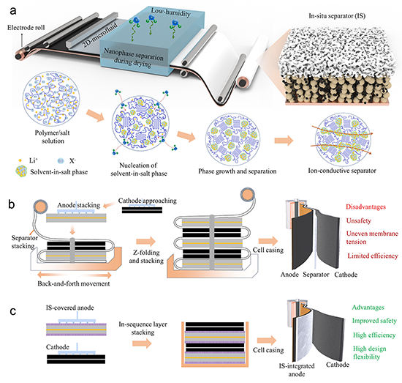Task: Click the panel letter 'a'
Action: click(x=13, y=12)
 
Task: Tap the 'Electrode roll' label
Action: click(x=26, y=28)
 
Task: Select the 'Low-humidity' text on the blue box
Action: click(x=171, y=12)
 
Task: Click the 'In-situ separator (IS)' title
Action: click(x=337, y=16)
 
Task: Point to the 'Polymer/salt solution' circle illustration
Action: click(x=51, y=99)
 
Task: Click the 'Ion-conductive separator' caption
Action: click(x=342, y=171)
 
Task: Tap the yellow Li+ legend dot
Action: click(x=20, y=161)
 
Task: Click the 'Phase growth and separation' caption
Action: click(x=238, y=171)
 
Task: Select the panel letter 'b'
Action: click(x=12, y=204)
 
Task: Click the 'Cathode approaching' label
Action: click(x=148, y=201)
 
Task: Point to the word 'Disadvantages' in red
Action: click(x=366, y=207)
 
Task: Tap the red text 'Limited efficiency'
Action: click(x=373, y=256)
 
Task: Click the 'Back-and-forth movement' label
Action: click(x=74, y=283)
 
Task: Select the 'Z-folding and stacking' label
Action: click(x=146, y=256)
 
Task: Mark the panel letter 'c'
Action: click(x=13, y=311)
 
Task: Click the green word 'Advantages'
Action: click(x=368, y=308)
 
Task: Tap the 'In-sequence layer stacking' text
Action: click(x=143, y=328)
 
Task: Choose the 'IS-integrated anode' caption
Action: click(x=297, y=370)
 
